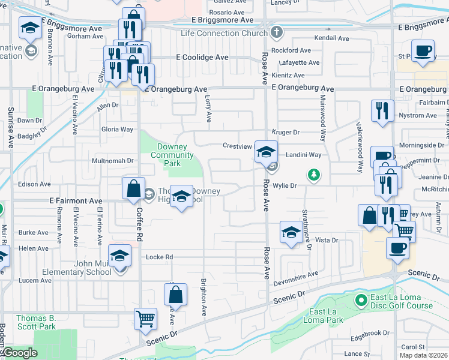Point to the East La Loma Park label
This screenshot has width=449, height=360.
[326, 316]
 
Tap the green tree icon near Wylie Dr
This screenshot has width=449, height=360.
[313, 175]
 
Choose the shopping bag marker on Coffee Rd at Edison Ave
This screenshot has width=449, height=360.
[133, 188]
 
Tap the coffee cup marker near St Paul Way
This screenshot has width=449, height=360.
[423, 51]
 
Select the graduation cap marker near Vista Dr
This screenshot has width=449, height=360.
[291, 232]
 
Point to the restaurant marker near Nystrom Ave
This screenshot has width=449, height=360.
[382, 110]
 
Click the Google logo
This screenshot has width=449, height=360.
[20, 353]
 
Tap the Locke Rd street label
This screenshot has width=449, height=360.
[160, 257]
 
